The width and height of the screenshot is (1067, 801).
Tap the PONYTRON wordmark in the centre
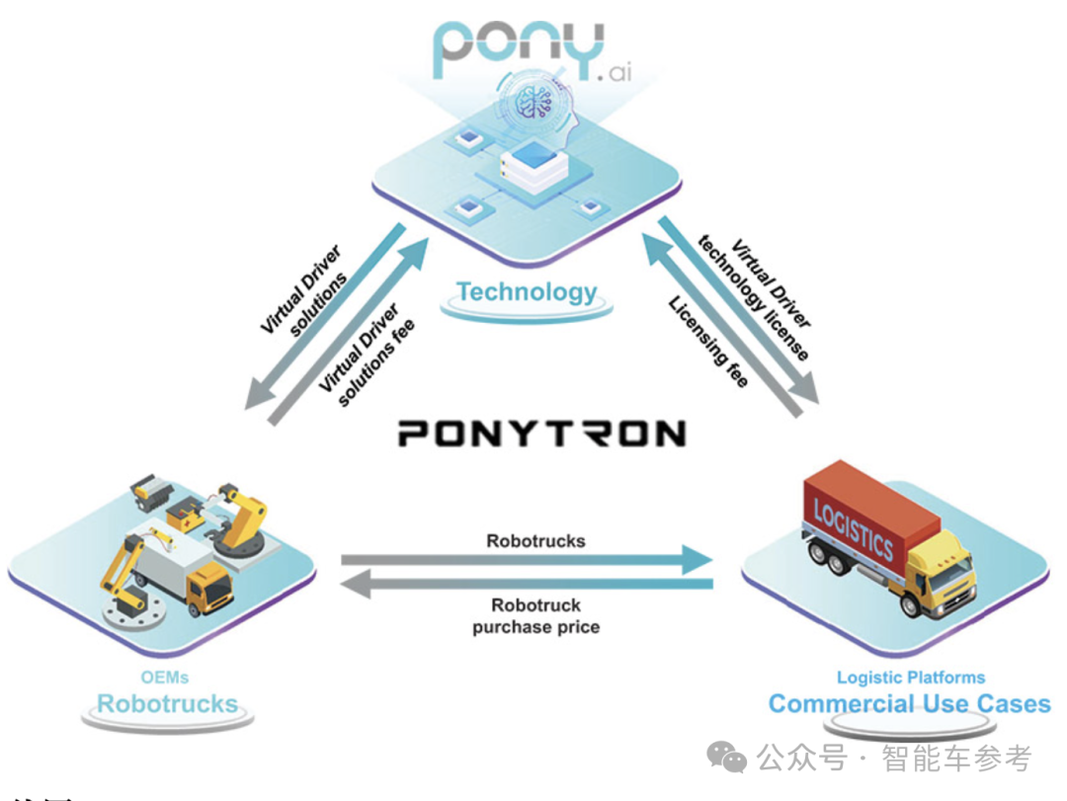pyautogui.click(x=541, y=434)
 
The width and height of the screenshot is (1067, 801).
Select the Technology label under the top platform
pyautogui.click(x=527, y=292)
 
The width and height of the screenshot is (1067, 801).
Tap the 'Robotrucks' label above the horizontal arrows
pyautogui.click(x=535, y=541)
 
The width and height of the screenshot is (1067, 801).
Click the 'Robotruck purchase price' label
pyautogui.click(x=535, y=615)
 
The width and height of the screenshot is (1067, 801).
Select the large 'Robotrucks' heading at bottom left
pyautogui.click(x=167, y=704)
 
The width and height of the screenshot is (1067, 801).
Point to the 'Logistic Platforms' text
pyautogui.click(x=910, y=678)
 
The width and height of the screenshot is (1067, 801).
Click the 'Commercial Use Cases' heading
pyautogui.click(x=909, y=704)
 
